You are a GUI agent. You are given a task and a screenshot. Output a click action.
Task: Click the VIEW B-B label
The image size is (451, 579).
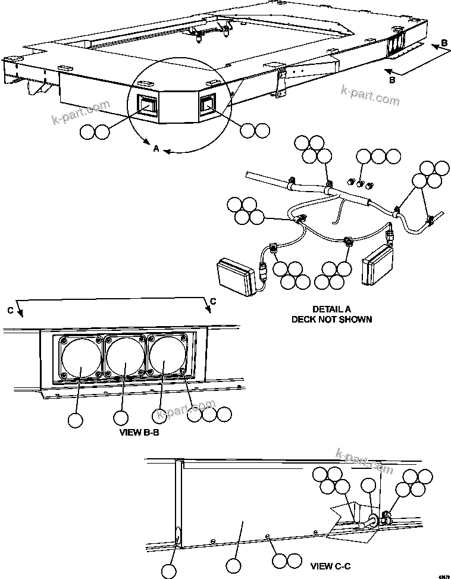pyautogui.click(x=139, y=433)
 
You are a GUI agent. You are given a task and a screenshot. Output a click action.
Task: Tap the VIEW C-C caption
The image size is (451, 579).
pyautogui.click(x=330, y=563)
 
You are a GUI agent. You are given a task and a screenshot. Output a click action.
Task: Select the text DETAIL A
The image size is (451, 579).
pyautogui.click(x=331, y=309)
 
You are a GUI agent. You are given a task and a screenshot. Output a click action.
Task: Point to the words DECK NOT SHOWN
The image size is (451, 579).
pyautogui.click(x=331, y=319)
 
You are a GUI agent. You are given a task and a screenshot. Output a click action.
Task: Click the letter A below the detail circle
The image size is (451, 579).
pyautogui.click(x=156, y=149)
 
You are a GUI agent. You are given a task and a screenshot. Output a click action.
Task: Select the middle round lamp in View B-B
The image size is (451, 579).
pyautogui.click(x=125, y=356)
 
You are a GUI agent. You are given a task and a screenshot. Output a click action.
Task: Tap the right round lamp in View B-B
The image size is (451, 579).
pyautogui.click(x=167, y=356)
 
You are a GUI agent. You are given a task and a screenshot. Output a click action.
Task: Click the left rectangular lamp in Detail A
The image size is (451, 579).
pyautogui.click(x=237, y=276)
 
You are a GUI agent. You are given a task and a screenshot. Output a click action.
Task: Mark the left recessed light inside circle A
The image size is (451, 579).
pyautogui.click(x=146, y=105)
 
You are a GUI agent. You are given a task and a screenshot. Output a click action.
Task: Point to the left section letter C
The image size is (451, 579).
pyautogui.click(x=11, y=310)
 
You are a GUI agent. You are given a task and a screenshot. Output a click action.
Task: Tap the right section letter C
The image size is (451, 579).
pyautogui.click(x=212, y=301)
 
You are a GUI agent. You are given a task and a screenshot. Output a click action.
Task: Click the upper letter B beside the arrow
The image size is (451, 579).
pyautogui.click(x=444, y=43)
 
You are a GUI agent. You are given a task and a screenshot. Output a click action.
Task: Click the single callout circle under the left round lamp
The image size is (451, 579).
pyautogui.click(x=75, y=420)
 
